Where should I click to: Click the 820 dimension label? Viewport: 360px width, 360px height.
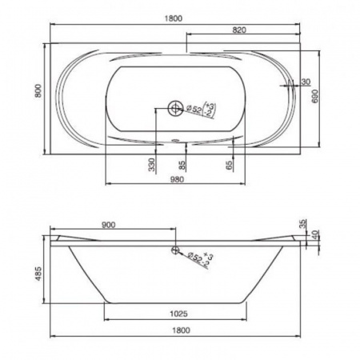(x=239, y=30)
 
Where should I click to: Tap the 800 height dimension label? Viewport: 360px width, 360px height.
(x=38, y=90)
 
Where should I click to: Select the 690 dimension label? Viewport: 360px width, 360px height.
(x=315, y=96)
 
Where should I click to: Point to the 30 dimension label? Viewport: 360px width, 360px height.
(x=306, y=82)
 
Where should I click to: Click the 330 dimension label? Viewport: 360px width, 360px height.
(x=151, y=165)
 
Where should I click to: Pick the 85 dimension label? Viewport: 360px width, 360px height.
(x=182, y=165)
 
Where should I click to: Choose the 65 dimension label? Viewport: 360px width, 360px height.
(x=229, y=165)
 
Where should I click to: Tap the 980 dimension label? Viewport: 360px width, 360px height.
(x=177, y=179)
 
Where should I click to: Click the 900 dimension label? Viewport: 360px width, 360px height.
(x=109, y=225)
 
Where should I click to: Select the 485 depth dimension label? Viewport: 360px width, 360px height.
(x=38, y=274)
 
